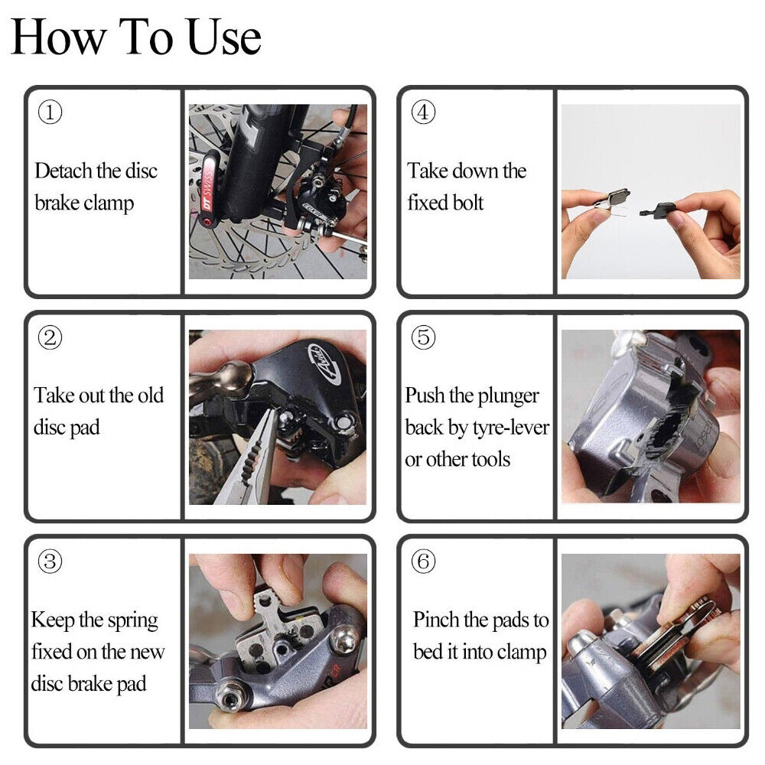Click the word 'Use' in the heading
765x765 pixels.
[x=224, y=37]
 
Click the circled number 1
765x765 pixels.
[x=50, y=112]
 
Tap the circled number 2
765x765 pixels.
[x=50, y=337]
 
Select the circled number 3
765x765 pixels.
[x=50, y=561]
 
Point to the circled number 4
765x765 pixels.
[x=423, y=112]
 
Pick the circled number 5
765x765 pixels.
[x=423, y=337]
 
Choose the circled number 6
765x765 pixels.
[x=423, y=561]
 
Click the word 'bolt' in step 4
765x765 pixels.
[x=466, y=202]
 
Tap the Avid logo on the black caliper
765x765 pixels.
[x=322, y=360]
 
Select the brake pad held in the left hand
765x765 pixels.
[x=609, y=199]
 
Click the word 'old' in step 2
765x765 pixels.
[x=151, y=396]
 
